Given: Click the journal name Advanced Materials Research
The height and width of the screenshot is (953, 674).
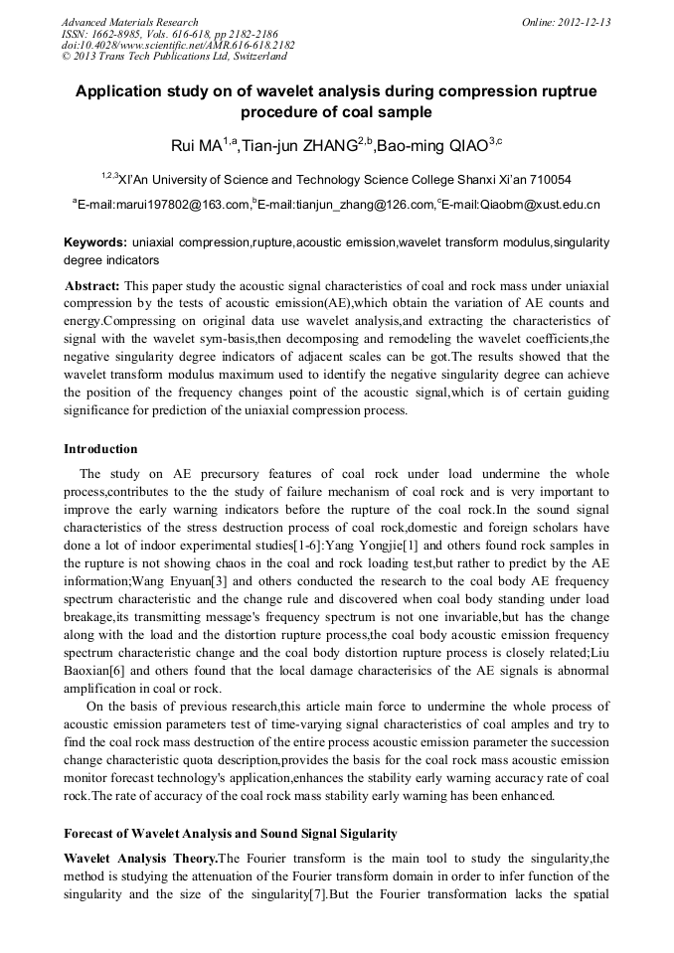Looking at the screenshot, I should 129,22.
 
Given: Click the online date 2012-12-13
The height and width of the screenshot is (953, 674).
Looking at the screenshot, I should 586,22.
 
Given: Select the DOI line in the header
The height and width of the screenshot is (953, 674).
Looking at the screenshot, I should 178,46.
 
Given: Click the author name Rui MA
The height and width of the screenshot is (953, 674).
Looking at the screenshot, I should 196,147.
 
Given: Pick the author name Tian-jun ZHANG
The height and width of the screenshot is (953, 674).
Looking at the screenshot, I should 298,147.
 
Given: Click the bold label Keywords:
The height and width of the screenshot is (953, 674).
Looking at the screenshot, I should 95,242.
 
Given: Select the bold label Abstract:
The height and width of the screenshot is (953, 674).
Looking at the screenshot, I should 92,285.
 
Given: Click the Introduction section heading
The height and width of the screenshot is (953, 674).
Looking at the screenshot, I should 100,449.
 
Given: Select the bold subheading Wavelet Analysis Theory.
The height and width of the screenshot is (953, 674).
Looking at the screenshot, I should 139,858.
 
